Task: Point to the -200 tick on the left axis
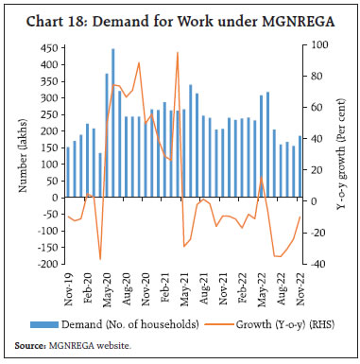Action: pyautogui.click(x=44, y=264)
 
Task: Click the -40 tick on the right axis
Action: pyautogui.click(x=319, y=264)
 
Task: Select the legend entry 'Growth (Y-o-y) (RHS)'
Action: pyautogui.click(x=263, y=324)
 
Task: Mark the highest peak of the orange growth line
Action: pyautogui.click(x=178, y=53)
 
